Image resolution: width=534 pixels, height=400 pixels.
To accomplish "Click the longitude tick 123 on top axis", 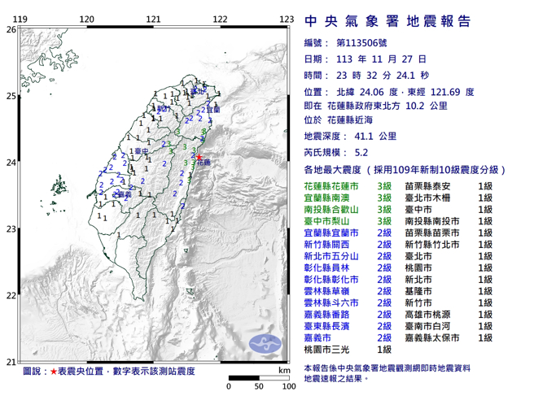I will tap(286, 19).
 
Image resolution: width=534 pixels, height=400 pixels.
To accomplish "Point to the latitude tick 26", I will tap(11, 29).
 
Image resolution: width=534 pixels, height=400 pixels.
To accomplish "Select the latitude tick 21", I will tap(11, 362).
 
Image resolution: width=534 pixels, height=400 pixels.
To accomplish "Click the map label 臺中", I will tap(141, 151).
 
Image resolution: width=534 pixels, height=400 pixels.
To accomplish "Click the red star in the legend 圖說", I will tap(54, 371).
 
